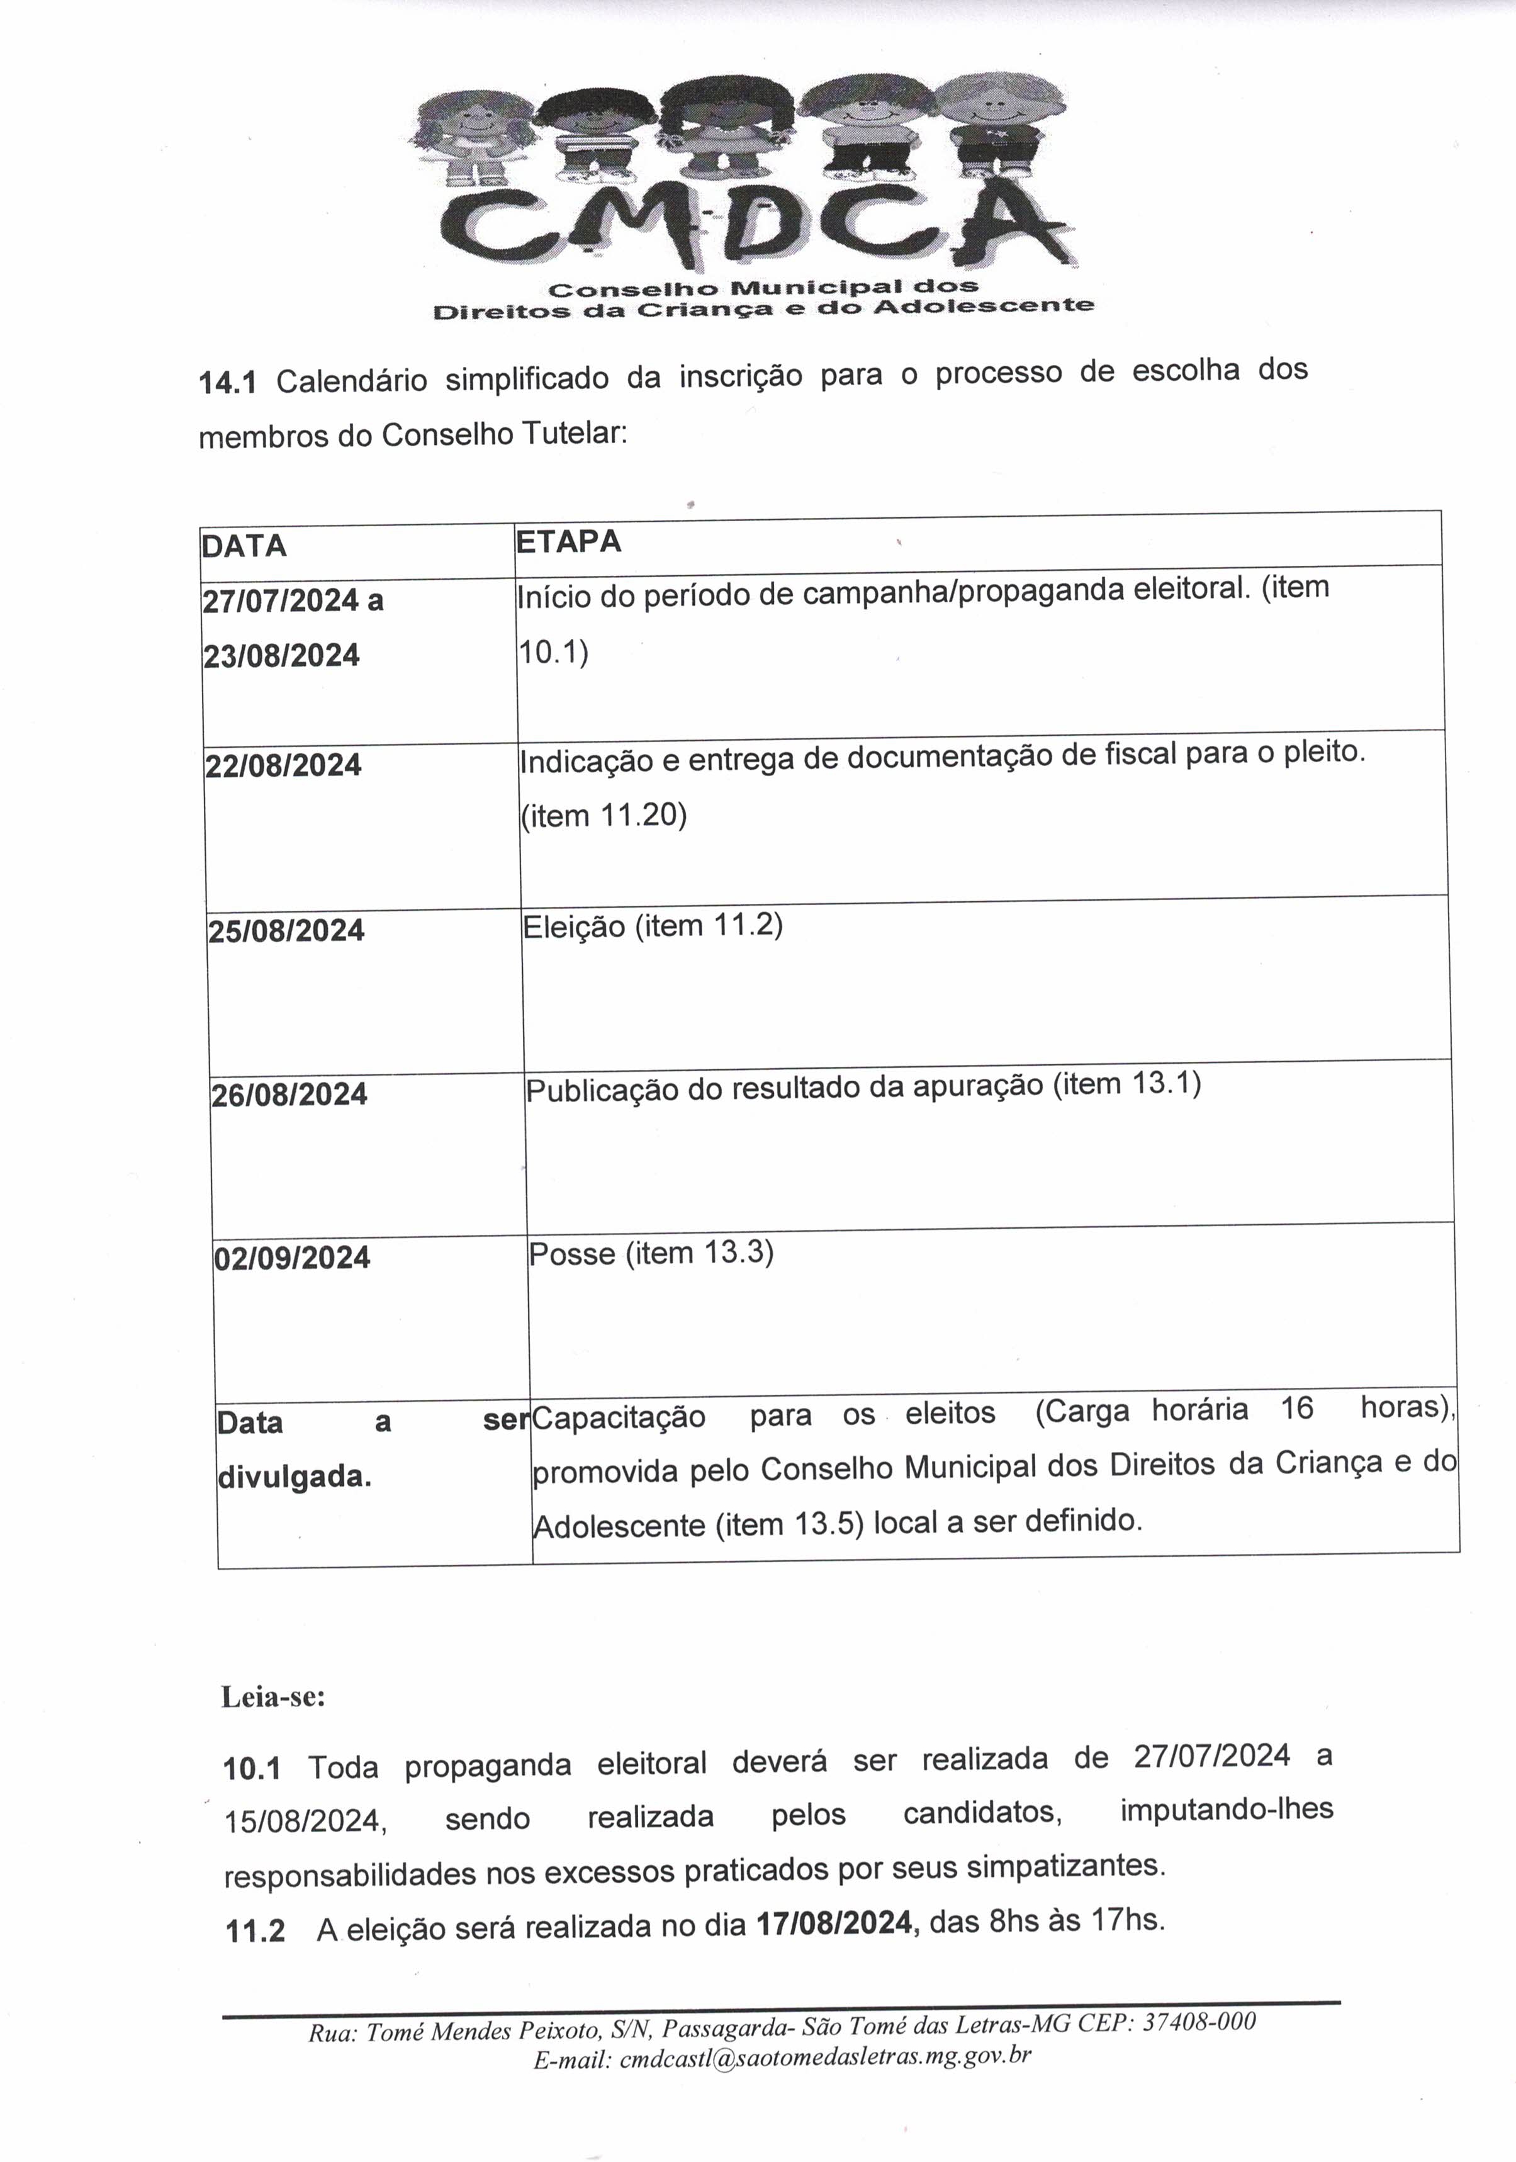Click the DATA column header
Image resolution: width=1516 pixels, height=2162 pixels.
(244, 546)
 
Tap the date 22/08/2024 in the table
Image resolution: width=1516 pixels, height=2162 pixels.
(283, 765)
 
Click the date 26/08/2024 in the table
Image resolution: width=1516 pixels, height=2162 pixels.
(289, 1094)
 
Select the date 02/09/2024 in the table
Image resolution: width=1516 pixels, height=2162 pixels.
(292, 1258)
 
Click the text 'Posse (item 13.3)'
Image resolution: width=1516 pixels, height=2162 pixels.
(651, 1254)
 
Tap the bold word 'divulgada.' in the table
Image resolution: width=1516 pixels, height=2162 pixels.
(295, 1477)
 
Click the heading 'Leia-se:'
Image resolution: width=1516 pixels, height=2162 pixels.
(273, 1697)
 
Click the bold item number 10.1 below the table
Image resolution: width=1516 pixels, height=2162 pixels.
(252, 1769)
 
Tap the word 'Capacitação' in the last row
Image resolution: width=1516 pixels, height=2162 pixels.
(619, 1417)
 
